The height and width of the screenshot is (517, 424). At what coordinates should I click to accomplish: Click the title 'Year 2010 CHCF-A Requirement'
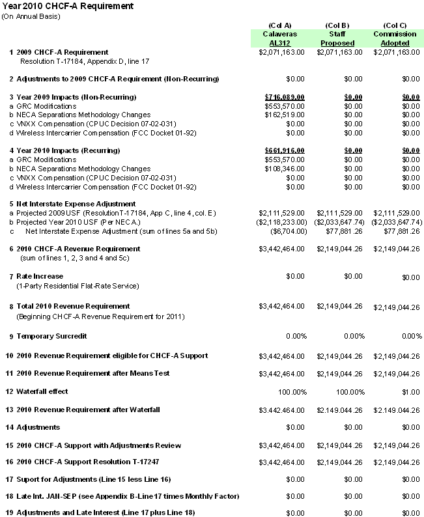67,6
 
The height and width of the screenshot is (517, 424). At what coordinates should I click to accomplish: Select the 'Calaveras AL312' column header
279,38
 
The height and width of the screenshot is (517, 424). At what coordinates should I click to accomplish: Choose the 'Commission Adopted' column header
395,38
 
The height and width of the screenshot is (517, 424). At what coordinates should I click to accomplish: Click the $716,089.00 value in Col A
285,96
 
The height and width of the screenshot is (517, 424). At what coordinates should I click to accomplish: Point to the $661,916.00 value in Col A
285,150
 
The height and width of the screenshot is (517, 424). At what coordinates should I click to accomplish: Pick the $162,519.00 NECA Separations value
285,115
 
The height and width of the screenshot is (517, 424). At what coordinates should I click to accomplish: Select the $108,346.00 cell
285,169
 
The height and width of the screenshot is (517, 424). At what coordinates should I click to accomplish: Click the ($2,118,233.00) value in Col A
281,222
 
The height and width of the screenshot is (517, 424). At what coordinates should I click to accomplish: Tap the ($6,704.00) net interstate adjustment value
287,231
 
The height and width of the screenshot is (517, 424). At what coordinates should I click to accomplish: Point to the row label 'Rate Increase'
40,276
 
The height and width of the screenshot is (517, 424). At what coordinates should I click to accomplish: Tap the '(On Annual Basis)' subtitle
31,16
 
